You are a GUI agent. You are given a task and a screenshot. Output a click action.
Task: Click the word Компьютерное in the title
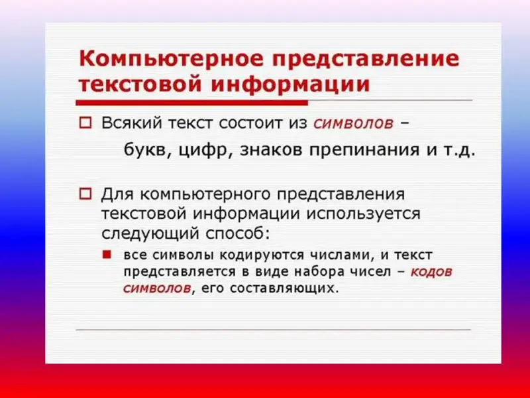[x=171, y=58]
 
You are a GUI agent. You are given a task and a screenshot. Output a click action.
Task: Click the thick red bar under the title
[x=191, y=103]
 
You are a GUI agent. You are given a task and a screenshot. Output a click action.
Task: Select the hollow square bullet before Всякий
[x=85, y=123]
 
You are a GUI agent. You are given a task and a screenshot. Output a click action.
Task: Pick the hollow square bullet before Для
[x=85, y=194]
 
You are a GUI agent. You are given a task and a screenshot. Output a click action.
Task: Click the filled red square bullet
[x=107, y=255]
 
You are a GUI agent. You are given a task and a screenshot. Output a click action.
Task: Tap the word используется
[x=363, y=214]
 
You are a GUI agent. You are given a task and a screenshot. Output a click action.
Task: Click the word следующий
[x=150, y=233]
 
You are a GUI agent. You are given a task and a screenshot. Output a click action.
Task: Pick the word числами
[x=343, y=255]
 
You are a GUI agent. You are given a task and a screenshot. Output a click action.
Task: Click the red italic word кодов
[x=431, y=272]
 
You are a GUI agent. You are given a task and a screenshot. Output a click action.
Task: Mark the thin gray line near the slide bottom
[x=274, y=329]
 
